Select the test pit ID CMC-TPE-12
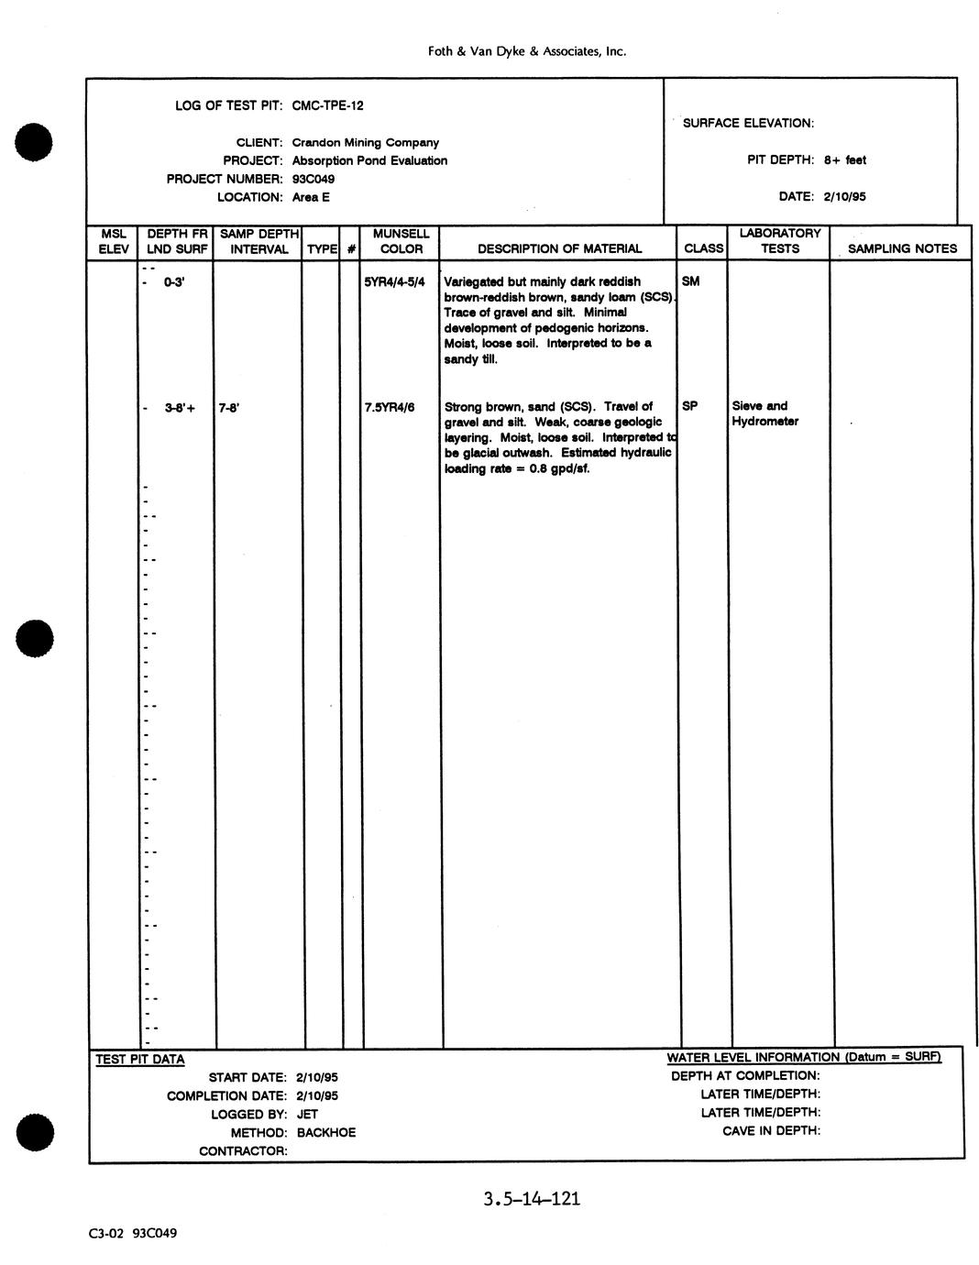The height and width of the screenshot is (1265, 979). point(327,105)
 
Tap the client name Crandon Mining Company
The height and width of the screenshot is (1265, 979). point(365,142)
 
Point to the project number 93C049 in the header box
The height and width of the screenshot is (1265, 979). point(313,179)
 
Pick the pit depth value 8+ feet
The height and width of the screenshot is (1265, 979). point(844,159)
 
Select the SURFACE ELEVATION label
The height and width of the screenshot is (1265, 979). point(748,123)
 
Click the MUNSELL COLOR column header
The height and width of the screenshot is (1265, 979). point(401,241)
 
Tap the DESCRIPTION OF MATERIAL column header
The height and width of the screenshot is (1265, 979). point(559,248)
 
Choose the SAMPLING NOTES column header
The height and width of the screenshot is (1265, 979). point(902,248)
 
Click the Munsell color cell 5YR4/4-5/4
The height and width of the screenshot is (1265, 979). point(394,281)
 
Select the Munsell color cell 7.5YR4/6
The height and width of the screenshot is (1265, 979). point(390,407)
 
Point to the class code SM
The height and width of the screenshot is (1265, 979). point(690,281)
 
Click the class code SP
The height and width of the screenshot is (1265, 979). point(689,405)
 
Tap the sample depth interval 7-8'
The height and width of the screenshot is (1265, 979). point(229,407)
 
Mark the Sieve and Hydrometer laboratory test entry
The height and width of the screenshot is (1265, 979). point(764,413)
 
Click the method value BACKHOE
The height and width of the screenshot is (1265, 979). point(325,1132)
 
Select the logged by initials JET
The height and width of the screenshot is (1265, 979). point(307,1114)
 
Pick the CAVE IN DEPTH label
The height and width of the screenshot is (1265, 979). point(771,1130)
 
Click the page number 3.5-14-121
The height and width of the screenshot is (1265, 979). point(532,1199)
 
